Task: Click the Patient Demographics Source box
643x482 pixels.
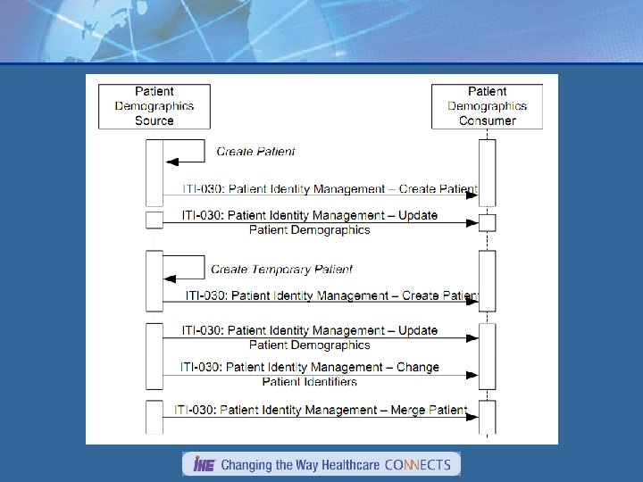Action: pyautogui.click(x=154, y=105)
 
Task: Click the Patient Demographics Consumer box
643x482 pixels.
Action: pyautogui.click(x=487, y=105)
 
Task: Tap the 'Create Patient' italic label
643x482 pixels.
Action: pyautogui.click(x=255, y=152)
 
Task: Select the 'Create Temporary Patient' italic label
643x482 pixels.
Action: pyautogui.click(x=281, y=269)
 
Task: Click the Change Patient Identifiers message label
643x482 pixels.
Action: pyautogui.click(x=309, y=374)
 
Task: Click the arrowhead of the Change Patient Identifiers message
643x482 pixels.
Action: pyautogui.click(x=473, y=375)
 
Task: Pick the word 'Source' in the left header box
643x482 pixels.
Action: pyautogui.click(x=154, y=120)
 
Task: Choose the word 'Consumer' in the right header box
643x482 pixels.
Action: pyautogui.click(x=487, y=120)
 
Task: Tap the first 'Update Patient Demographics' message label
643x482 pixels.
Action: pyautogui.click(x=309, y=222)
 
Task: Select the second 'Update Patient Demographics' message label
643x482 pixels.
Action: pyautogui.click(x=309, y=337)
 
